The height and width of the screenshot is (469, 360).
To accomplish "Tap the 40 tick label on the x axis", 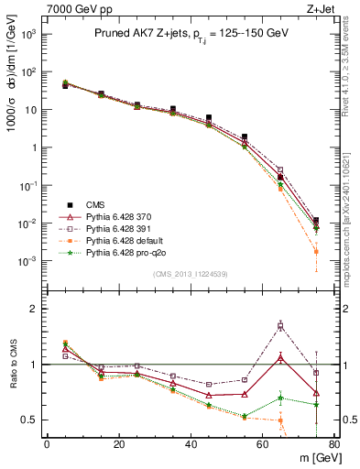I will click(191, 443).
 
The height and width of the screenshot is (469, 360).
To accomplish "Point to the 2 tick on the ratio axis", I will click(37, 309).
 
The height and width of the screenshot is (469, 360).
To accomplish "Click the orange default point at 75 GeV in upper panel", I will click(316, 251).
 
